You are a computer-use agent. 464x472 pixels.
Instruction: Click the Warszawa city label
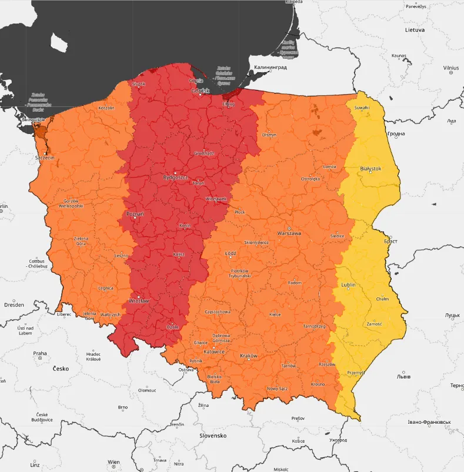click(289, 233)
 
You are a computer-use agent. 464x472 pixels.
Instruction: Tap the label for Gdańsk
click(200, 91)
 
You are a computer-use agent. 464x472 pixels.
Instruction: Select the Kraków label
click(249, 356)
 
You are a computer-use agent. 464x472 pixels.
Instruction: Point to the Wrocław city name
click(139, 300)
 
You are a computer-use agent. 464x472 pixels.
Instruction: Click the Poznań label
click(135, 214)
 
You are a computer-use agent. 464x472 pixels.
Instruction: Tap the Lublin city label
click(348, 286)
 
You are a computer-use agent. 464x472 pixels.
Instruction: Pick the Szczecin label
click(45, 158)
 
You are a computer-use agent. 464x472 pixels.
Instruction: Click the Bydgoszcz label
click(175, 176)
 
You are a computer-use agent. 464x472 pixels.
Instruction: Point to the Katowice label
click(215, 352)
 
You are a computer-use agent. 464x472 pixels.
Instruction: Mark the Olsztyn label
click(269, 135)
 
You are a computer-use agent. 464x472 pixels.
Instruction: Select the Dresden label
click(14, 304)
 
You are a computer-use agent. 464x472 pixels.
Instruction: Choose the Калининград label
click(270, 68)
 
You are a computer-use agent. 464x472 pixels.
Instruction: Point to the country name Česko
click(61, 369)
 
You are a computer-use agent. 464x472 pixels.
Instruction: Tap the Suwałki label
click(363, 108)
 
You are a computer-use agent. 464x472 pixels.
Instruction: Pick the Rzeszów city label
click(327, 364)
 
